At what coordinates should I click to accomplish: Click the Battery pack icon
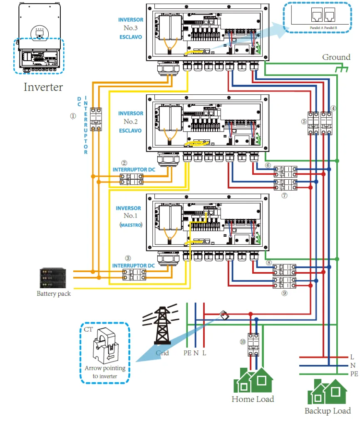coord(52,278)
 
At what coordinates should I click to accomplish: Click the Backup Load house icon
coord(327,393)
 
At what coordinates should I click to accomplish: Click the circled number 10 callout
coord(243,342)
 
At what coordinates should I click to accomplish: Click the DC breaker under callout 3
coord(134,275)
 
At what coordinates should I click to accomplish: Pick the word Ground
coord(336,57)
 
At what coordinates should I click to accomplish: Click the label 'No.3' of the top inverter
coord(130,28)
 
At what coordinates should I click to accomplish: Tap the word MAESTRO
coord(131,225)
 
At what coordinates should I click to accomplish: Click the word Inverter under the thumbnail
coord(43,87)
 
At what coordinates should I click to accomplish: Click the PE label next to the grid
coord(187,353)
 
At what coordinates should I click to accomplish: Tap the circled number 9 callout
coord(284,293)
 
